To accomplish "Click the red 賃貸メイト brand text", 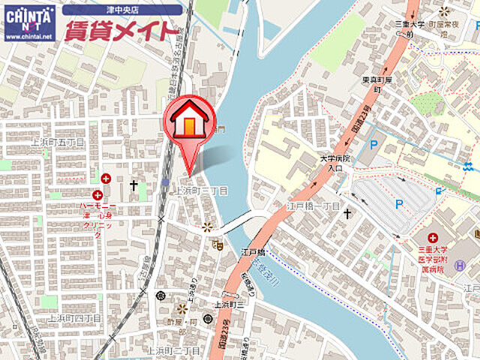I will coord(121,31).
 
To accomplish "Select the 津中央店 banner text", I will coord(121,10).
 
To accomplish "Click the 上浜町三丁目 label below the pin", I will coord(201,192).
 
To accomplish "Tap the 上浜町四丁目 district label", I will coord(74,319).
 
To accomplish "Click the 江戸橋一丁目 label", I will coord(314,205).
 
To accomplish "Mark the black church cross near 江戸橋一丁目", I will coord(347,214).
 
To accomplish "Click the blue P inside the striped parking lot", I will coord(398,202).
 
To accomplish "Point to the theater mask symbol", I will coord(218,244).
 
